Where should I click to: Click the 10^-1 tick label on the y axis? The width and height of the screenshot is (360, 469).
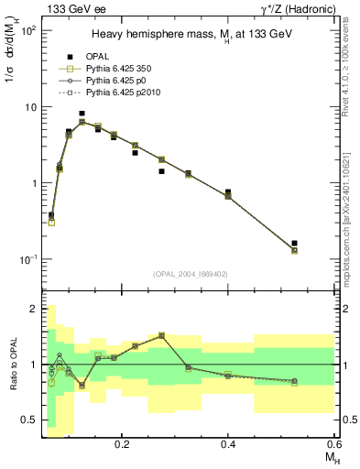click(x=27, y=259)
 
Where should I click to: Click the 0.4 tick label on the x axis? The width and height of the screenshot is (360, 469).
click(x=228, y=442)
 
